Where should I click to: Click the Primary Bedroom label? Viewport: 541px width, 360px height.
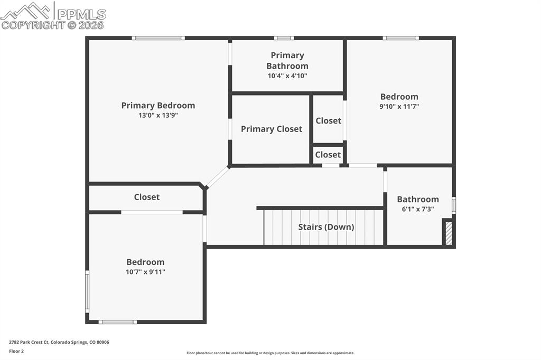pyautogui.click(x=158, y=106)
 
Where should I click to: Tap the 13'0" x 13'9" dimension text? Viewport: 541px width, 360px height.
pyautogui.click(x=158, y=115)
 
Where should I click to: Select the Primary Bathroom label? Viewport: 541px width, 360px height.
pyautogui.click(x=287, y=61)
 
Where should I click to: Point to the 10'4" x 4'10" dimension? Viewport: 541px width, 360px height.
pyautogui.click(x=287, y=76)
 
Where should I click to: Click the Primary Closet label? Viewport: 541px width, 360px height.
pyautogui.click(x=272, y=129)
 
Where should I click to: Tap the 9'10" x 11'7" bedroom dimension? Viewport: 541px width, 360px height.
pyautogui.click(x=399, y=106)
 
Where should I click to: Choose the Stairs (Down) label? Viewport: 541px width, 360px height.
pyautogui.click(x=326, y=227)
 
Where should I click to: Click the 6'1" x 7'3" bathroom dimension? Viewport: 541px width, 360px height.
pyautogui.click(x=418, y=209)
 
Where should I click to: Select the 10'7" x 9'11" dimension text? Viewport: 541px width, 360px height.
pyautogui.click(x=145, y=272)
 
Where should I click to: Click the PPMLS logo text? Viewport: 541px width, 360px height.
pyautogui.click(x=81, y=14)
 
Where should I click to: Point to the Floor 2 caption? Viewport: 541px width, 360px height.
pyautogui.click(x=16, y=352)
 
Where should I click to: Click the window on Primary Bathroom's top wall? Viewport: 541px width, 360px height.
pyautogui.click(x=284, y=38)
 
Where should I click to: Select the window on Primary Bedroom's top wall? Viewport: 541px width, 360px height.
pyautogui.click(x=158, y=38)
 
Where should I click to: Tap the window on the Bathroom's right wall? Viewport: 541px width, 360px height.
pyautogui.click(x=454, y=205)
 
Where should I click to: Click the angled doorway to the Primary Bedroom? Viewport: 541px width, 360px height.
pyautogui.click(x=217, y=177)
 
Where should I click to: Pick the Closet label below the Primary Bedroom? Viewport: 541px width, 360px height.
pyautogui.click(x=147, y=197)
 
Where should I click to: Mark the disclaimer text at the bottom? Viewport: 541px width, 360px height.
pyautogui.click(x=270, y=353)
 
